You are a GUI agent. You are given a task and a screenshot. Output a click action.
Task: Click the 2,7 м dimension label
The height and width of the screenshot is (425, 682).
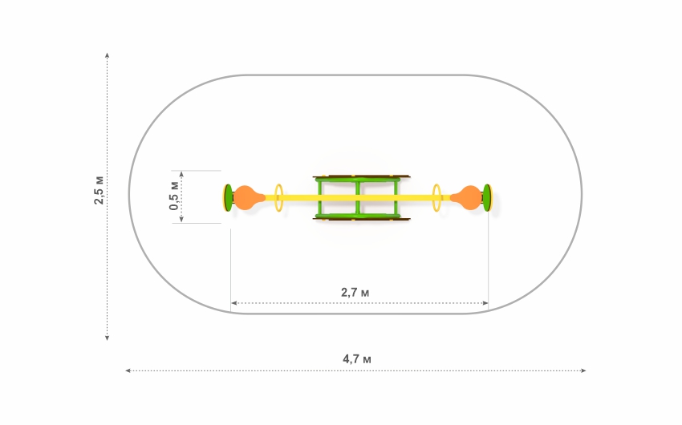(x=355, y=293)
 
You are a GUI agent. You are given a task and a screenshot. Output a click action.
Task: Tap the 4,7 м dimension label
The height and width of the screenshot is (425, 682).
(x=357, y=359)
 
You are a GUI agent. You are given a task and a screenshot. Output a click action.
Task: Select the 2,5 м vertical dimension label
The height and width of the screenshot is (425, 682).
(x=99, y=190)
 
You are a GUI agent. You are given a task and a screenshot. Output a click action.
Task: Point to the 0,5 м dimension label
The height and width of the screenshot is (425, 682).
(x=173, y=196)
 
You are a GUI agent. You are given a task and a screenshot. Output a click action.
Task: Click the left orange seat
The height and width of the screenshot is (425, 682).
(x=248, y=198)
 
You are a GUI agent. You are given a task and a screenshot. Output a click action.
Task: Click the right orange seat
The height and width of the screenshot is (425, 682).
(x=467, y=198)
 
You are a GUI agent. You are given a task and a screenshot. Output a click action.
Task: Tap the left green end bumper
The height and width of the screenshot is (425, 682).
(x=228, y=198)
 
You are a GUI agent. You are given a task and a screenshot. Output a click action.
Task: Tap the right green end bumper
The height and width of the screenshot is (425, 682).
(x=487, y=198)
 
